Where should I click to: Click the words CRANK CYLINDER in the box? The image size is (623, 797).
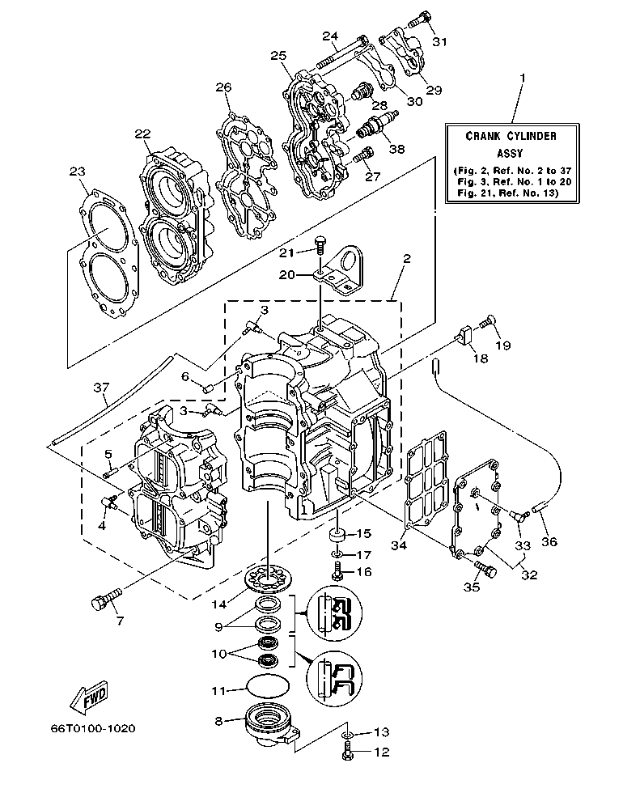(x=511, y=137)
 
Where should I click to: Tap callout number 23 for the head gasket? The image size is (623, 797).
(x=78, y=171)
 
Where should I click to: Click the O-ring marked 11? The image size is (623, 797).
(x=268, y=685)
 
